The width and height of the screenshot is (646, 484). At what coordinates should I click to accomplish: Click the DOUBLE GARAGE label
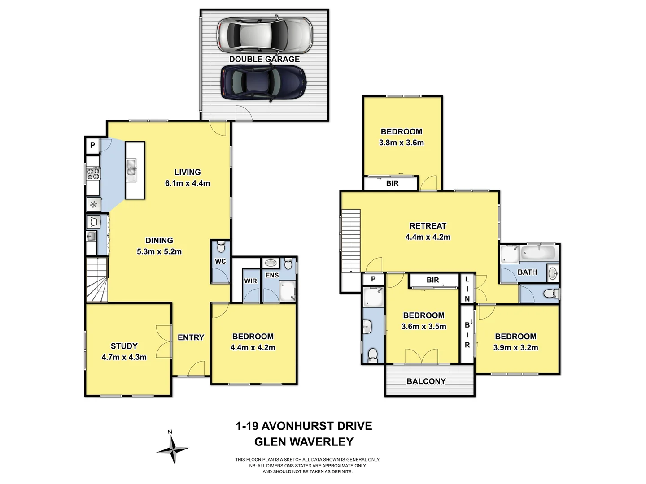[264, 59]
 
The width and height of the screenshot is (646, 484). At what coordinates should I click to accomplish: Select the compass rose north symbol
[172, 449]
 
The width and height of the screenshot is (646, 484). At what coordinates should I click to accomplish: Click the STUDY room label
[124, 346]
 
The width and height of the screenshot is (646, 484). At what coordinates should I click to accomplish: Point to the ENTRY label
[191, 337]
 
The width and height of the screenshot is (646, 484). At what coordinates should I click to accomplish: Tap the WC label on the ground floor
[220, 261]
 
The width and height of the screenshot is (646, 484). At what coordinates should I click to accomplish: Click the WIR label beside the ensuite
[250, 281]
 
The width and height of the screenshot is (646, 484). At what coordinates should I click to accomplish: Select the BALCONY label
[426, 381]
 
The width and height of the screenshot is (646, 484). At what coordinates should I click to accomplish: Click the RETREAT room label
[428, 226]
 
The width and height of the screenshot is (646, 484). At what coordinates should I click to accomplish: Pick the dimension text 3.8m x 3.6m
[402, 143]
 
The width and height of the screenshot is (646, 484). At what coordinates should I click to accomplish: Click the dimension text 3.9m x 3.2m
[516, 347]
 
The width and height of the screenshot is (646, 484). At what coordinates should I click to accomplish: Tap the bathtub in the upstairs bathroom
[538, 253]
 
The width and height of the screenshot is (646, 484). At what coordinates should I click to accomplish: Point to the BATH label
[527, 272]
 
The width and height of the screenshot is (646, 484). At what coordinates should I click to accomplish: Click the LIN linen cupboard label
[467, 289]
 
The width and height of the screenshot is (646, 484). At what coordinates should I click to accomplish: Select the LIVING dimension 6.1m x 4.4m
[188, 183]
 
